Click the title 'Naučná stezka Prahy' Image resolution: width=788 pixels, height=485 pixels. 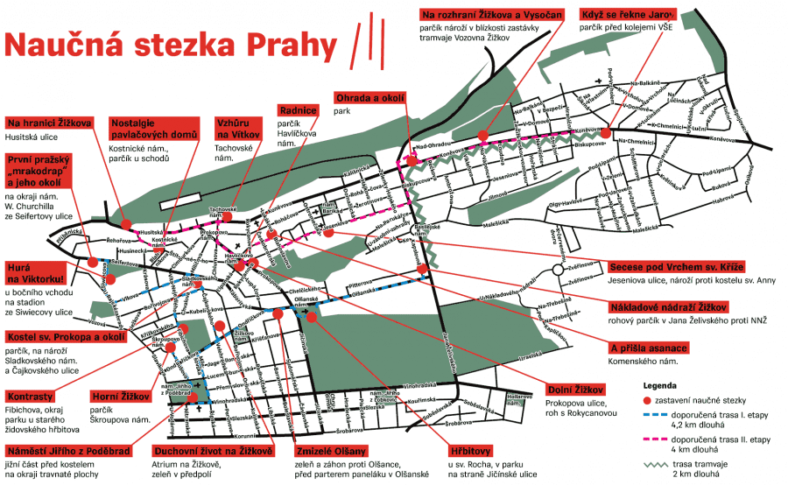click(171, 44)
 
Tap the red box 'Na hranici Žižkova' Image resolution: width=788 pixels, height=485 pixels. click(50, 122)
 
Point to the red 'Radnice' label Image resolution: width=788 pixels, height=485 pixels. click(297, 111)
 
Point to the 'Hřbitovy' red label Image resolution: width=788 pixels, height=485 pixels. click(470, 434)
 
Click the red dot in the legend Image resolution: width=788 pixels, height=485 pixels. click(650, 398)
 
